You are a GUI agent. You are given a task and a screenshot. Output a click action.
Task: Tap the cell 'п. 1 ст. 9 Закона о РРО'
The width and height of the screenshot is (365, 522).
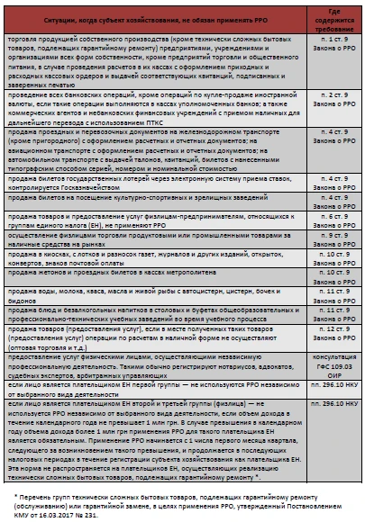[x=331, y=48]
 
